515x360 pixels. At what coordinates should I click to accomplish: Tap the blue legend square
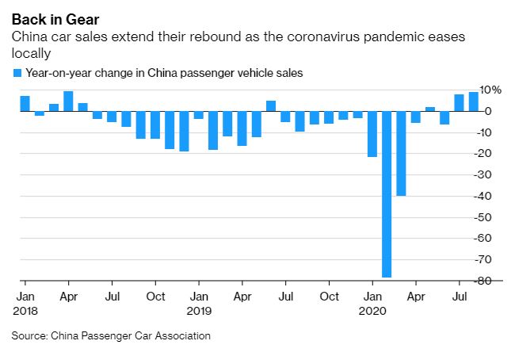coord(17,73)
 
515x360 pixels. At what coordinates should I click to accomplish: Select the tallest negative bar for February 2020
coord(387,194)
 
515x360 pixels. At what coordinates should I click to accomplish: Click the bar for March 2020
coord(402,153)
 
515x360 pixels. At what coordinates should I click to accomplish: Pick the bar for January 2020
coord(372,134)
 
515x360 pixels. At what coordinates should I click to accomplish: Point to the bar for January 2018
coord(25,104)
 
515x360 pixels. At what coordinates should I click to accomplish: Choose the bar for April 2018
coord(68,101)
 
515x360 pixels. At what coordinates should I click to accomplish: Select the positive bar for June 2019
coord(271,106)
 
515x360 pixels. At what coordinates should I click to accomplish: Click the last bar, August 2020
coord(474,101)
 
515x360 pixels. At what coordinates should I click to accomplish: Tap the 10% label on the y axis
coord(491,90)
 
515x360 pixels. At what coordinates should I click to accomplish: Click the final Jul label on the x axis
coord(460,297)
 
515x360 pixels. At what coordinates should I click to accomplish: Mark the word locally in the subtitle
coord(30,53)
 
